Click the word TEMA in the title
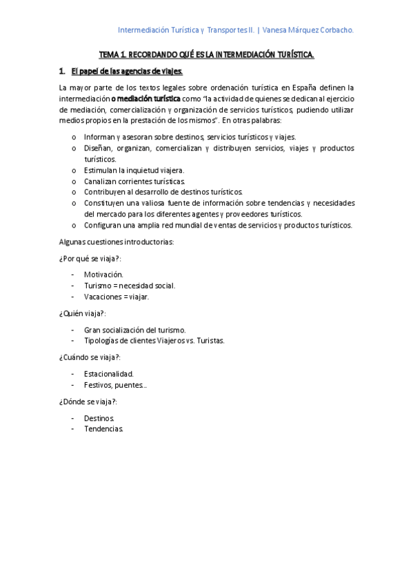click(110, 54)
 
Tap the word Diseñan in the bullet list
click(99, 148)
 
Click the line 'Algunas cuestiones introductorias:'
click(117, 242)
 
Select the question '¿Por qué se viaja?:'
click(90, 259)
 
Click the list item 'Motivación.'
click(104, 275)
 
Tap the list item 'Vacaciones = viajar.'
click(117, 297)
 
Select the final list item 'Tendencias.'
click(104, 429)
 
